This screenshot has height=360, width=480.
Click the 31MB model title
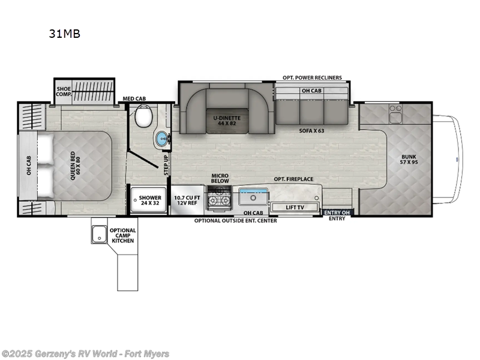point(64,34)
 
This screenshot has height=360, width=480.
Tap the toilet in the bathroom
point(144,116)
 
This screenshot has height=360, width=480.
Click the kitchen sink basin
point(253,196)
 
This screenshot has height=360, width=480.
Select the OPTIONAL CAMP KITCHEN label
point(122,235)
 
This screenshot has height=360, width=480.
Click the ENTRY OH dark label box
point(337,212)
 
